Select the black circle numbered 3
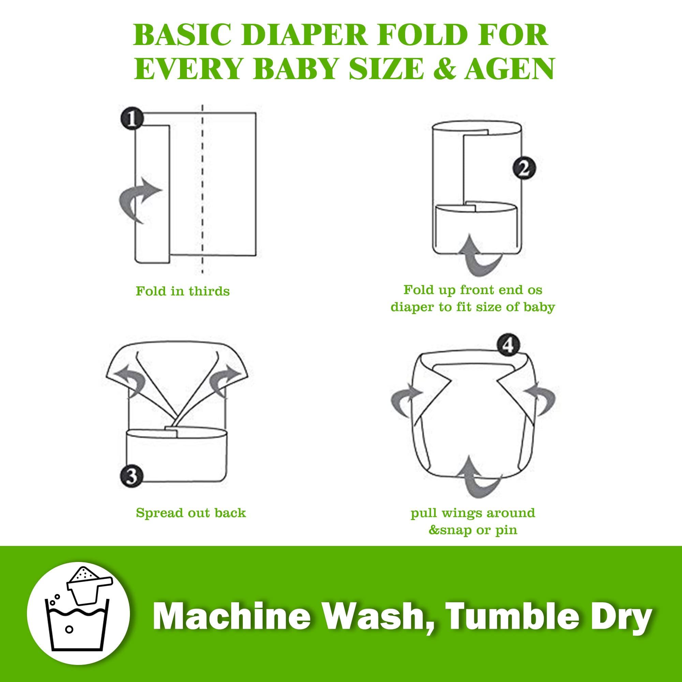tap(131, 477)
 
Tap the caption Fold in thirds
tap(182, 291)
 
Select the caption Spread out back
tap(191, 513)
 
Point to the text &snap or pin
tap(473, 530)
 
